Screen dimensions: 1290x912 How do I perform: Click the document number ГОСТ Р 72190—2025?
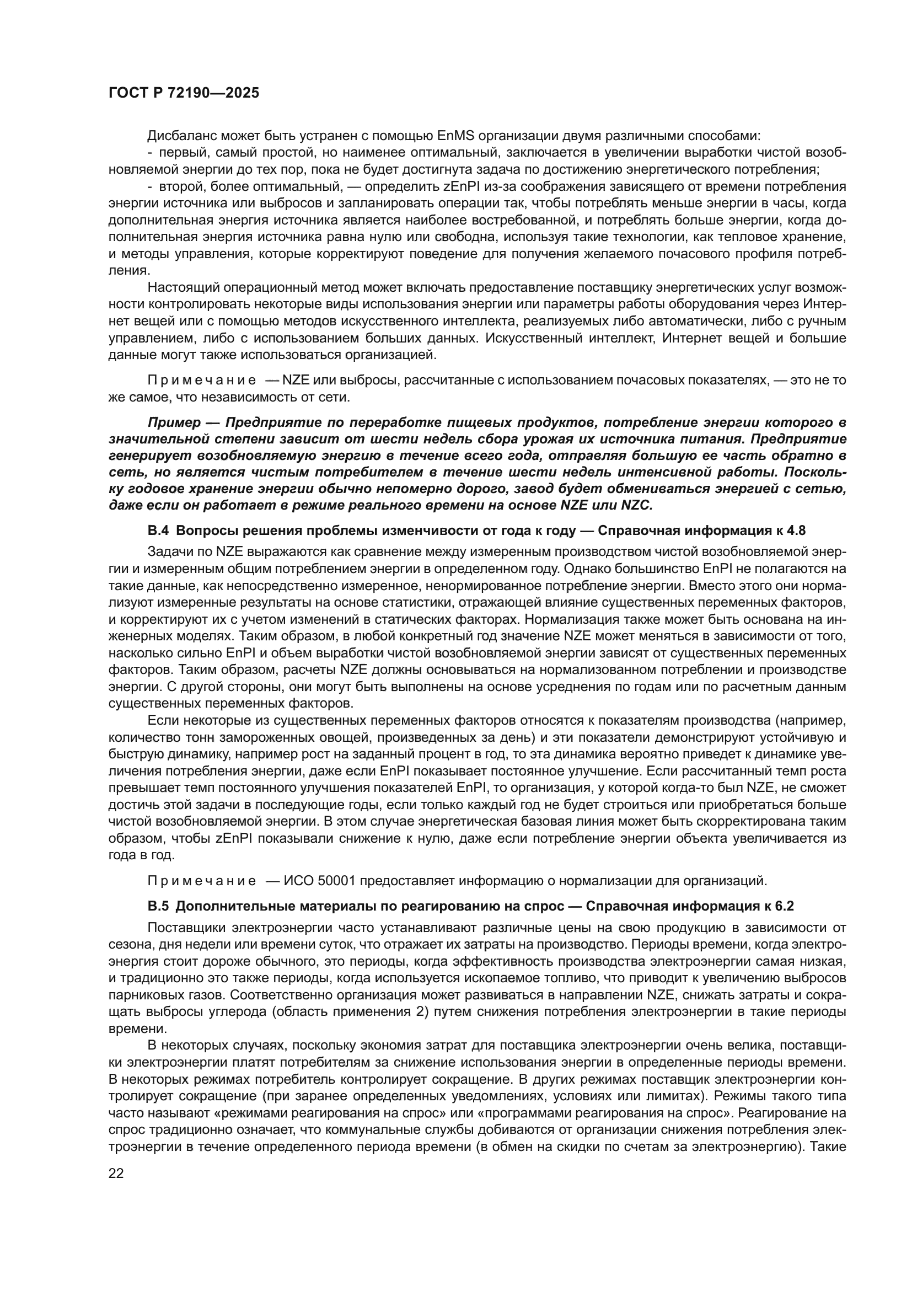pyautogui.click(x=184, y=93)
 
